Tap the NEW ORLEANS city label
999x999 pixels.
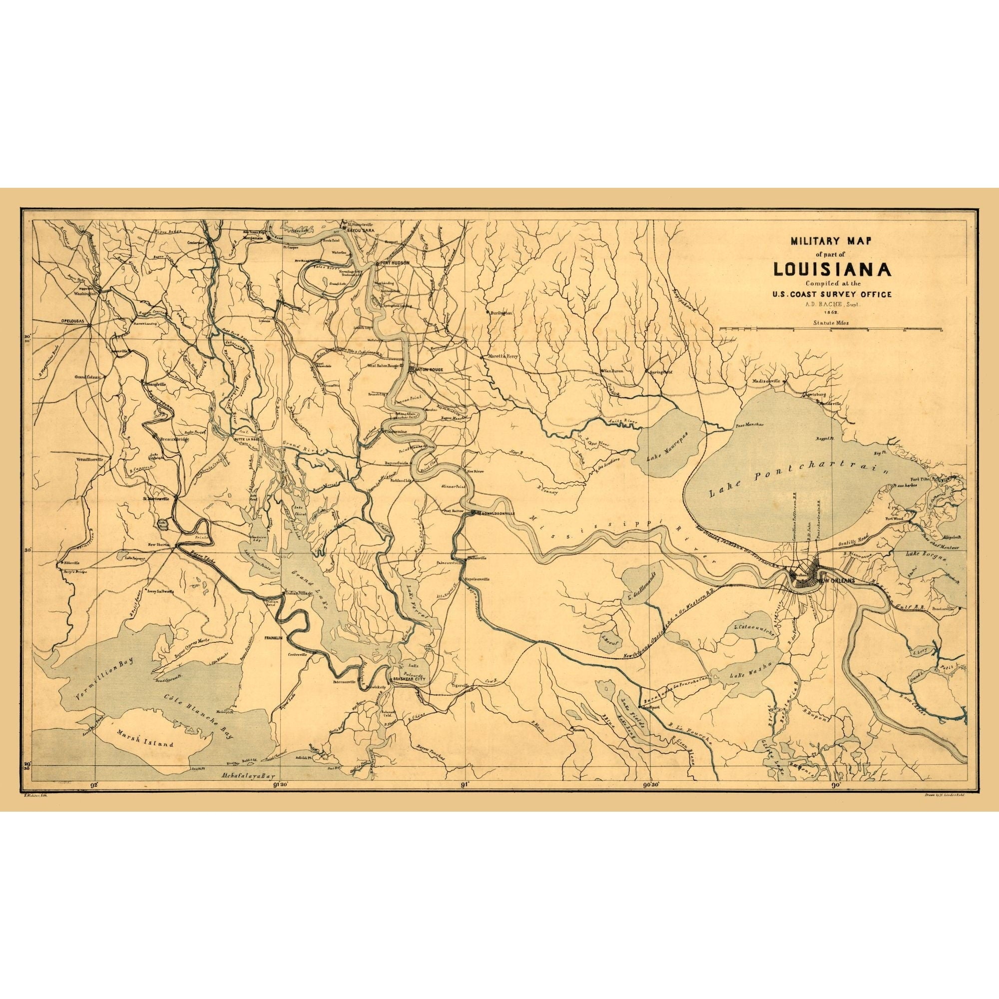point(836,581)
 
